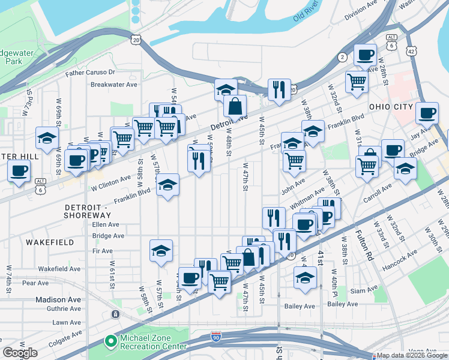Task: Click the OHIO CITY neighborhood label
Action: click(x=391, y=107)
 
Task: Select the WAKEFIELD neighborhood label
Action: click(x=50, y=242)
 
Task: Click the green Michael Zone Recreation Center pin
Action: click(x=110, y=341)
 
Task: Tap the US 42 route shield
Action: click(x=411, y=51)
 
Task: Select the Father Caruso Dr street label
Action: click(x=92, y=73)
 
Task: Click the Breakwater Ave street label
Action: click(x=114, y=85)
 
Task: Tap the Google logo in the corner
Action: click(x=20, y=353)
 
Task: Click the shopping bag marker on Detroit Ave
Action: click(x=235, y=107)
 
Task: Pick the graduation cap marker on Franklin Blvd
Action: click(x=168, y=185)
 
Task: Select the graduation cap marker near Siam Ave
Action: click(x=305, y=278)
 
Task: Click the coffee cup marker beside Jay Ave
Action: click(x=427, y=113)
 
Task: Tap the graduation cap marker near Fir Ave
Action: click(x=161, y=251)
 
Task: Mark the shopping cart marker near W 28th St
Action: click(x=357, y=81)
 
